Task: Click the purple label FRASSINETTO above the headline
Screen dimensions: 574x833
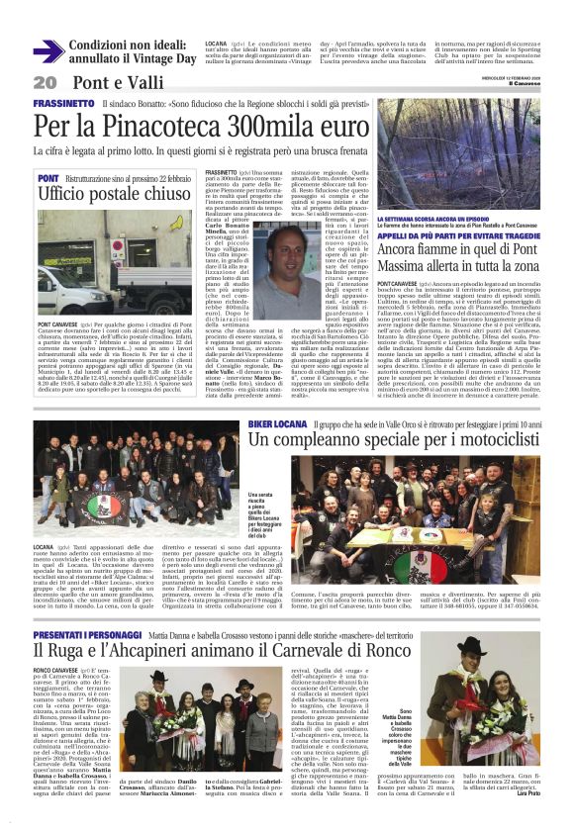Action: (63, 103)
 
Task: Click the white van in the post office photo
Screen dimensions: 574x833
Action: (69, 288)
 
